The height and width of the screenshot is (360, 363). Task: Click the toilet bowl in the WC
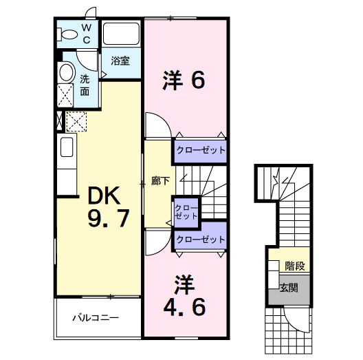coord(67,34)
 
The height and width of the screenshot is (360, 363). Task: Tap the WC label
coord(87,34)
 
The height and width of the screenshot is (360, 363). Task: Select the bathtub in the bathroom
coord(121,34)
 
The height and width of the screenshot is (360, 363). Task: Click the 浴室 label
coord(120,61)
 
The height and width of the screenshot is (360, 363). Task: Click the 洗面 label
coord(85,85)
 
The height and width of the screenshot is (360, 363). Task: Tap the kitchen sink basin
coord(67,147)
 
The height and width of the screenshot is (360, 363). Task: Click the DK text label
coord(104,195)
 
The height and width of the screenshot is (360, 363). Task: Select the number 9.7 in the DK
coord(109,218)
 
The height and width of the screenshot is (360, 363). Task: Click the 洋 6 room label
coord(184,81)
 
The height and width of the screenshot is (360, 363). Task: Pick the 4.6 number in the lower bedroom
coord(184,307)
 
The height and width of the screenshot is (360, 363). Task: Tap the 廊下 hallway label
coord(160,180)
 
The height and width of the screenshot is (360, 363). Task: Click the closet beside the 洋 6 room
coord(201,151)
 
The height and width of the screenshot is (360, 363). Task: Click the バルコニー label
coord(96,317)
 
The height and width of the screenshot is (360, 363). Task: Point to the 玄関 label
coord(289,288)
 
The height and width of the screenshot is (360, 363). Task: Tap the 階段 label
coord(295,266)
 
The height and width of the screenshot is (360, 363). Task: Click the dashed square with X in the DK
coord(76,122)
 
